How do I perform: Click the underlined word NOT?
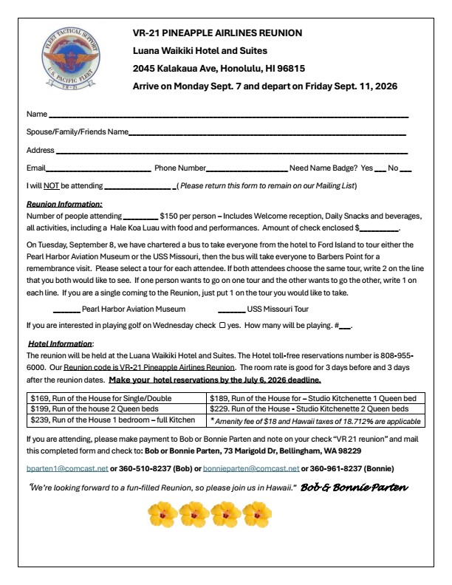click(50, 185)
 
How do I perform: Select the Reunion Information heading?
click(64, 204)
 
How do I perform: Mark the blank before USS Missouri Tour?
click(231, 309)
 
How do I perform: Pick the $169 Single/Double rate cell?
click(112, 398)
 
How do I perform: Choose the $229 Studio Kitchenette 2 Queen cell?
click(315, 408)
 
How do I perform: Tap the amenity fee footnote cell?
click(315, 420)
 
